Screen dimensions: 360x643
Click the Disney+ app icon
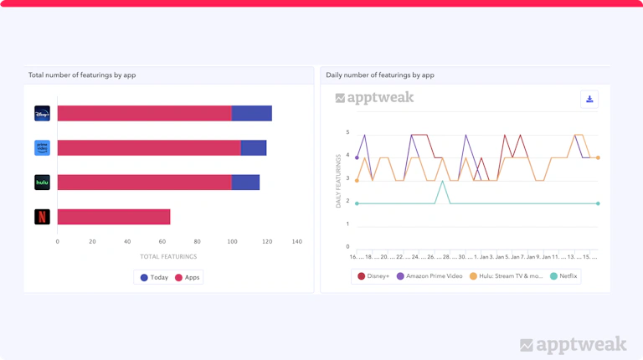(42, 113)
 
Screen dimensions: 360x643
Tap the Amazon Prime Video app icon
(42, 148)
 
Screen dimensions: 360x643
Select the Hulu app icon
(42, 183)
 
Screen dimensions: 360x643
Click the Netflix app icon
(42, 217)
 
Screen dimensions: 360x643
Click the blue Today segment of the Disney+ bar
(251, 113)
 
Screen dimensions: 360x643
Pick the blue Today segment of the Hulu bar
(245, 183)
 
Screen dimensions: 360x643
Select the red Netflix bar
(113, 217)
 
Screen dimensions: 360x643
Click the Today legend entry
(154, 277)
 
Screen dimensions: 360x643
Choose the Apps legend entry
(188, 277)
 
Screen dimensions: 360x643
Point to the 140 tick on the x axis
(296, 242)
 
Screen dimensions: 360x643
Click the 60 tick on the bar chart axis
(162, 242)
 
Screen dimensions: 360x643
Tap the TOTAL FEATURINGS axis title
(168, 257)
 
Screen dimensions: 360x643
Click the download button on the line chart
(589, 100)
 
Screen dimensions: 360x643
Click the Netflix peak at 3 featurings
(442, 181)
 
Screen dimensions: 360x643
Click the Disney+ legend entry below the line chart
(373, 276)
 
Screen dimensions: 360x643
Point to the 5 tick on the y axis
(347, 132)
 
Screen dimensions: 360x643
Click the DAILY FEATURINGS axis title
(339, 181)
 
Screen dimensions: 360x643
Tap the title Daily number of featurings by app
(380, 75)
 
